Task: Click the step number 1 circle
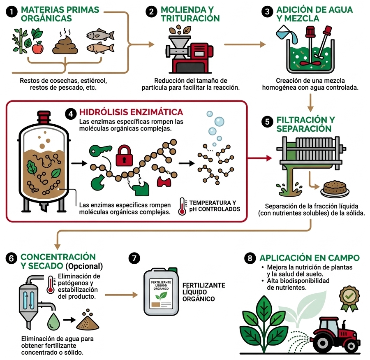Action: point(12,12)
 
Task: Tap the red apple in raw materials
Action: point(37,49)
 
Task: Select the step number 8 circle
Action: point(250,258)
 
